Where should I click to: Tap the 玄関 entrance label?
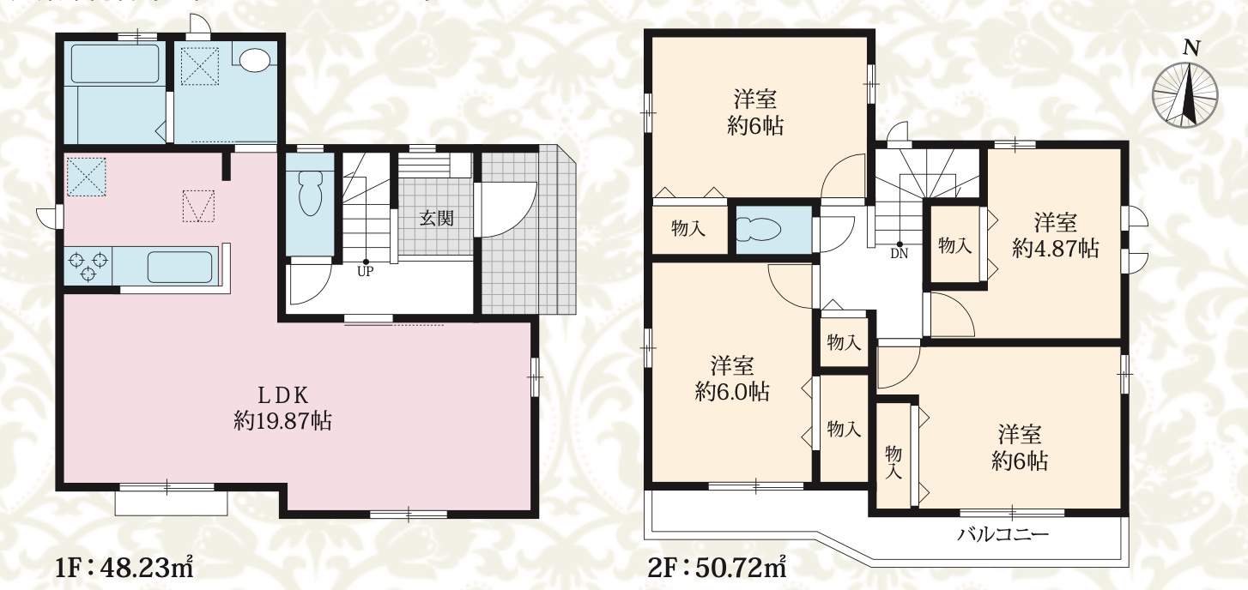[x=436, y=219]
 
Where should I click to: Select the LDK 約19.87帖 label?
[x=282, y=408]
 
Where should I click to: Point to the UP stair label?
[x=366, y=272]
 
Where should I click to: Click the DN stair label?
[x=900, y=255]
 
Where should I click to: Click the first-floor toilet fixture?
[x=310, y=193]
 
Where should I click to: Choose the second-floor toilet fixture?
[x=758, y=229]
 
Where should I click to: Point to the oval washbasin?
[x=255, y=59]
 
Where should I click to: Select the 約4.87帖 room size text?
[x=1055, y=249]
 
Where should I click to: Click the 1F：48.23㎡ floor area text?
[x=124, y=569]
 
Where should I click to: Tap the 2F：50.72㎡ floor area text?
[x=717, y=569]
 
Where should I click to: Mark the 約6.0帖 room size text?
[x=732, y=392]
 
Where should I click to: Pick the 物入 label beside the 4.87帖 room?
[x=955, y=245]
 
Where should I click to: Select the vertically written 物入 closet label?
[x=894, y=462]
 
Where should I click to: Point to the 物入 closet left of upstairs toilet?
[x=688, y=227]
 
